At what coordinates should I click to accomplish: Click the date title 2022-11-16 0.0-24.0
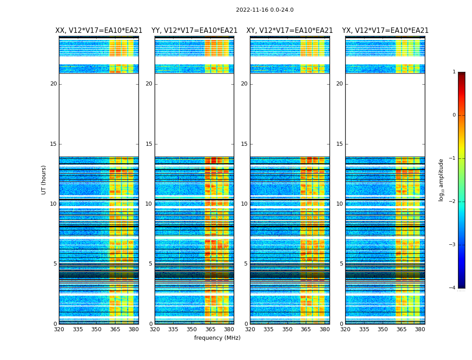click(264, 10)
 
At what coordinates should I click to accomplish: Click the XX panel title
click(99, 31)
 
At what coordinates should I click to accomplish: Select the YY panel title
click(194, 31)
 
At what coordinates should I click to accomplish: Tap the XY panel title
click(289, 31)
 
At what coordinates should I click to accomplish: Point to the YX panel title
click(385, 31)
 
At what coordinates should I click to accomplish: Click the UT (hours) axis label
click(44, 180)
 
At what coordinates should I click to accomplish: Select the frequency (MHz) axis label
click(217, 338)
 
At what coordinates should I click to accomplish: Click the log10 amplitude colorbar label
click(441, 180)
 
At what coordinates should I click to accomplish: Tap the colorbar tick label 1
click(454, 72)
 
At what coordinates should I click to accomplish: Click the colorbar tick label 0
click(454, 115)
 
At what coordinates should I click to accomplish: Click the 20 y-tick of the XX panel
click(53, 84)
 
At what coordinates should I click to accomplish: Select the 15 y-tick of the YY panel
click(149, 144)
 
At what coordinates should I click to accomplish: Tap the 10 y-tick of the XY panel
click(244, 204)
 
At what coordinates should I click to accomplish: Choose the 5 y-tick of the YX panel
click(341, 264)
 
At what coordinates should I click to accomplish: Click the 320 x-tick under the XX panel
click(59, 329)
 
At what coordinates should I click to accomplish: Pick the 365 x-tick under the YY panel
click(210, 329)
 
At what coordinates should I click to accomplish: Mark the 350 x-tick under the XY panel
click(287, 329)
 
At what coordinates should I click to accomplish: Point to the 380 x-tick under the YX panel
click(420, 329)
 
